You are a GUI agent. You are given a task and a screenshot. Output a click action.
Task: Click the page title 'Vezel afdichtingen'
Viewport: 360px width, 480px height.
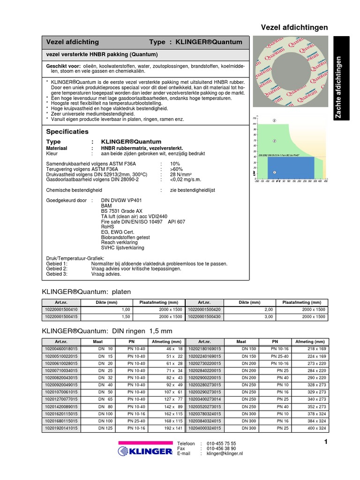294,28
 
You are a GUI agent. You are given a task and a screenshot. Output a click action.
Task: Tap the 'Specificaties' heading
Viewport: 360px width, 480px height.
67,132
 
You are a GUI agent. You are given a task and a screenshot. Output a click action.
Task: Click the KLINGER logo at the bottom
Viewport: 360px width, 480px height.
145,451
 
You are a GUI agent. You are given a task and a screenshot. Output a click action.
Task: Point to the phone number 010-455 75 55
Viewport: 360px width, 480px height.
221,443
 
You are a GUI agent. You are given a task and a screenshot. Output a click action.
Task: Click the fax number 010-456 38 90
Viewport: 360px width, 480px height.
221,449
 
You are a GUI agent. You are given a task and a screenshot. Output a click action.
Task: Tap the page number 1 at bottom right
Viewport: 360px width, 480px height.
325,442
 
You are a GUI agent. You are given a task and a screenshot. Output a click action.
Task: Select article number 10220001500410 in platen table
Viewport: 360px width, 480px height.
61,310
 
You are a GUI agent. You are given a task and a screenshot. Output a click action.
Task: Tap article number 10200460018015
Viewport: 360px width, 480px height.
61,349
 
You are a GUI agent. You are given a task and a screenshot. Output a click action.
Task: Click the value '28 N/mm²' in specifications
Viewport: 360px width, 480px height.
180,174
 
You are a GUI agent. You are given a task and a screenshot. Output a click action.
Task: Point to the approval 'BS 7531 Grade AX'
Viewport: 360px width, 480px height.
121,211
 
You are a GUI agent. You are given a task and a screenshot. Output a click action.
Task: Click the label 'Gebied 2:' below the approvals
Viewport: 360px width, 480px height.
57,269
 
